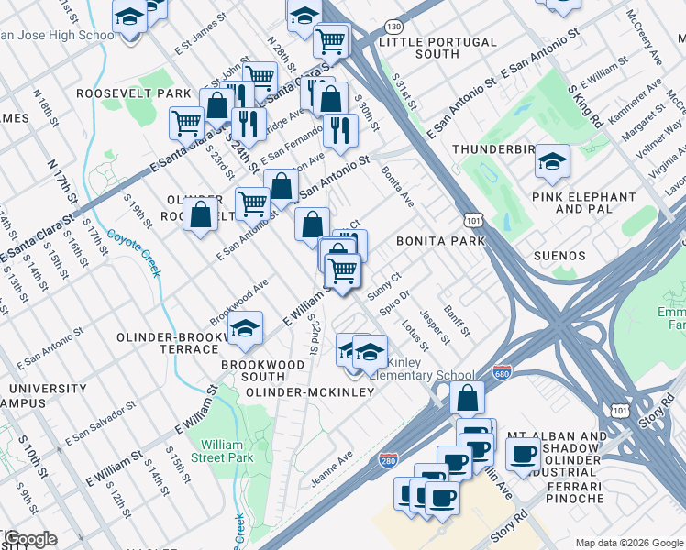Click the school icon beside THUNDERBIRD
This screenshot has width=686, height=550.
click(551, 161)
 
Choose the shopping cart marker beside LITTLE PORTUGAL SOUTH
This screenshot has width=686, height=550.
click(330, 39)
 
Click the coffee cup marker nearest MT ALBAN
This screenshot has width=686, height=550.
click(524, 453)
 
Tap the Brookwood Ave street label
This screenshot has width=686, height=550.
click(238, 300)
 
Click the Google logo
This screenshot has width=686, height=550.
click(29, 539)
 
